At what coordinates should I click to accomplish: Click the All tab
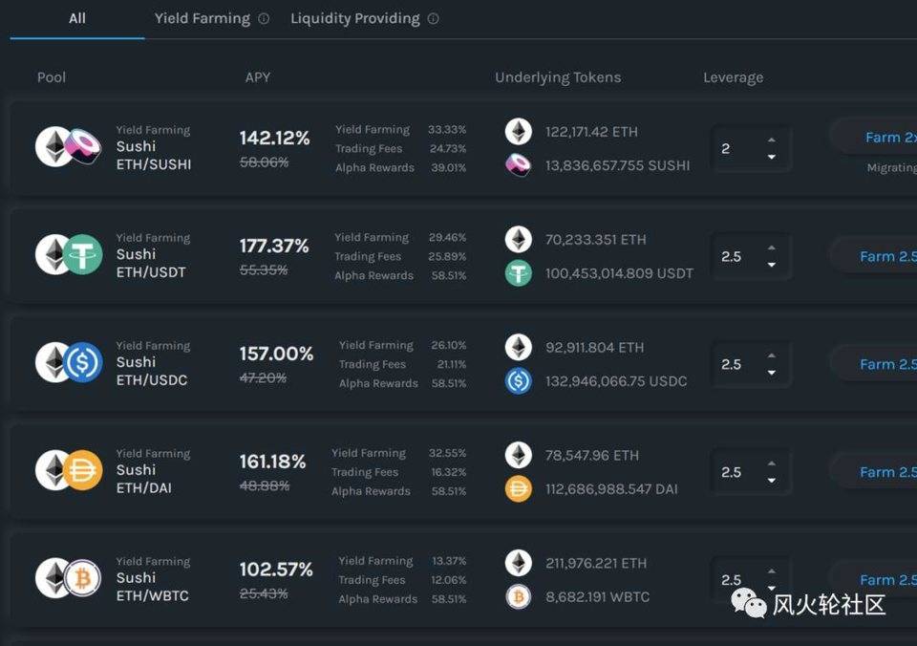[x=77, y=18]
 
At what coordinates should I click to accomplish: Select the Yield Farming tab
[x=202, y=18]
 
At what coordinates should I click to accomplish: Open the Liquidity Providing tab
[x=354, y=18]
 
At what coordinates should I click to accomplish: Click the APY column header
[x=257, y=77]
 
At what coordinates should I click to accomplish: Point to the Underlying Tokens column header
[x=558, y=77]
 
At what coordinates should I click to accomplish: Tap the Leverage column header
[x=733, y=77]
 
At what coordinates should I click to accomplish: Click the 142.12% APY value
[x=274, y=139]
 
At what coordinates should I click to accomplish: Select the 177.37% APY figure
[x=274, y=247]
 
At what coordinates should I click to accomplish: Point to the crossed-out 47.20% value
[x=263, y=377]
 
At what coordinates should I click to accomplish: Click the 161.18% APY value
[x=272, y=463]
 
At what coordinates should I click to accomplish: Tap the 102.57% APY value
[x=276, y=571]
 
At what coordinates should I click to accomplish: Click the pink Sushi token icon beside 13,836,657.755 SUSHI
[x=519, y=165]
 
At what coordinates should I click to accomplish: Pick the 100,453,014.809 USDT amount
[x=619, y=273]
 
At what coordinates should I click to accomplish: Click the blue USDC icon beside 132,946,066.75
[x=519, y=381]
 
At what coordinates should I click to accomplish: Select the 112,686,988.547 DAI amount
[x=611, y=489]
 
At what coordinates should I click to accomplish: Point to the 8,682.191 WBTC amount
[x=597, y=597]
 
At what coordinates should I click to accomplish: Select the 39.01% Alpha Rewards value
[x=448, y=168]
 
